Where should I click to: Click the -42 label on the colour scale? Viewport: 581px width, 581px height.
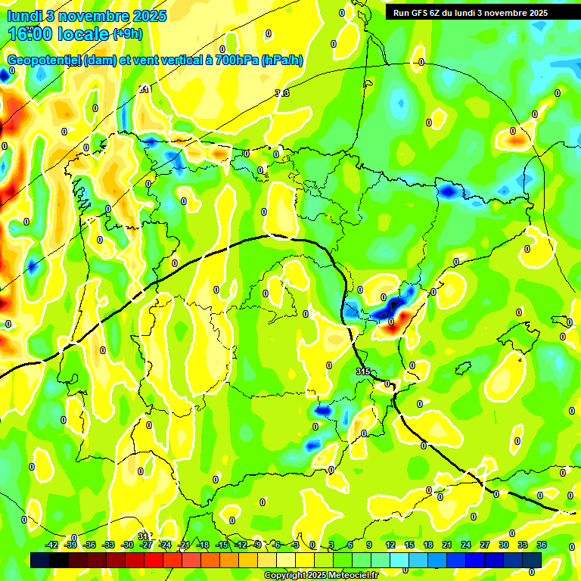(52, 545)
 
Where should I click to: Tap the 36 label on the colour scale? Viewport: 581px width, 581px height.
(542, 545)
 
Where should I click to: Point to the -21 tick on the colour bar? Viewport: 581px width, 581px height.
(184, 545)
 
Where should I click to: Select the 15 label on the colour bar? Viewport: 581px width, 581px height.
(409, 545)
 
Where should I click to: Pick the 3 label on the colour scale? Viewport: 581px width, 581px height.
(331, 545)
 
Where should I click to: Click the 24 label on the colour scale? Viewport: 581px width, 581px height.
(466, 545)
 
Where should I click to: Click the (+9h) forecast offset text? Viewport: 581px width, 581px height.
(126, 34)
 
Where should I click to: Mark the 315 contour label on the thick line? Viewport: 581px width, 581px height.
(363, 372)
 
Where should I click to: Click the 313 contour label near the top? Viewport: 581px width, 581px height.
(281, 93)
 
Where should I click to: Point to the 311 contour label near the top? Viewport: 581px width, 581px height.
(144, 89)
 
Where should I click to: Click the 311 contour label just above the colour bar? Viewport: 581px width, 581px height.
(145, 536)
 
